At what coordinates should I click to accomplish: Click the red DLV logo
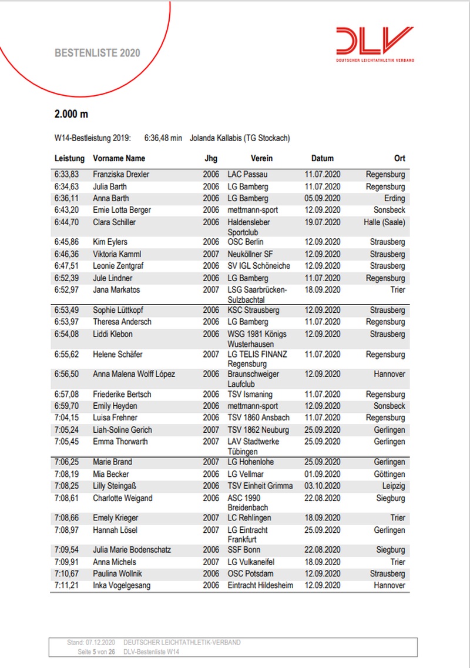point(374,42)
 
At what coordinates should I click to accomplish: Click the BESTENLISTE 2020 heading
point(97,53)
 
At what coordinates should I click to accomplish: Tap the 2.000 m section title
point(71,114)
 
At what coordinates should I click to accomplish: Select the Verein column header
point(261,158)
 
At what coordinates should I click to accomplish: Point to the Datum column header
point(322,158)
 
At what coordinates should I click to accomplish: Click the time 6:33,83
point(66,175)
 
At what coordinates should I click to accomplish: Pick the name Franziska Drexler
point(121,175)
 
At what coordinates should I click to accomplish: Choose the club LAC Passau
point(249,175)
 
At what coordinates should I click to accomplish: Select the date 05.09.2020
point(323,198)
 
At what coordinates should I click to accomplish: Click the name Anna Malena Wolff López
point(134,374)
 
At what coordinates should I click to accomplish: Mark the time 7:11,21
point(66,586)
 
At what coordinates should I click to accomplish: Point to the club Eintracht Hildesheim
point(260,586)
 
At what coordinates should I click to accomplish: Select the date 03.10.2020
point(323,486)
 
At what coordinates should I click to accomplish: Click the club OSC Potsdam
point(250,574)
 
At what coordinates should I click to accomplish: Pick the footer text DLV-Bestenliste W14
point(152,652)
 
